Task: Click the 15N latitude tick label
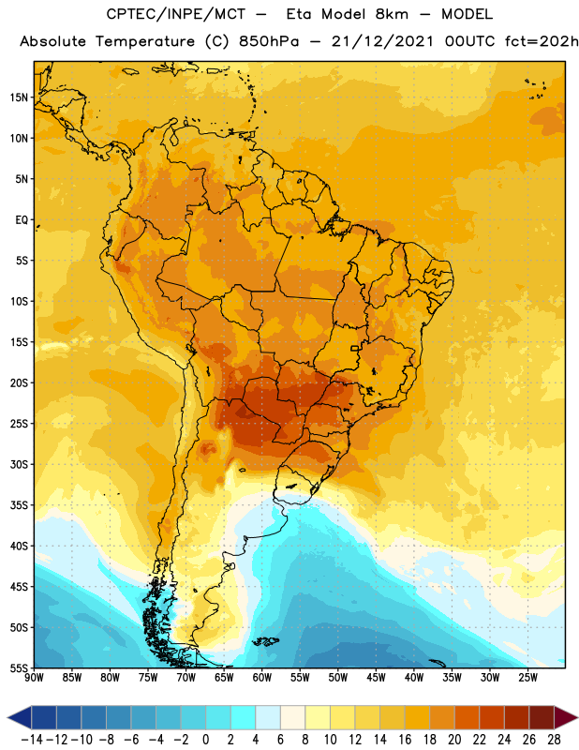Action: (x=19, y=97)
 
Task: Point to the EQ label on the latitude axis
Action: (x=22, y=220)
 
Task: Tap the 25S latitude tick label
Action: (x=19, y=424)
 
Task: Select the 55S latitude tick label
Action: (x=19, y=667)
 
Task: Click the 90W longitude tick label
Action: (x=34, y=677)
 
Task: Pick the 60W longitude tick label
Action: (x=262, y=677)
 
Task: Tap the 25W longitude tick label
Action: (x=527, y=677)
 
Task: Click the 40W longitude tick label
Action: (x=414, y=677)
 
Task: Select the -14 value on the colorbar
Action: (x=32, y=740)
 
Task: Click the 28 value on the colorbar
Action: (x=554, y=740)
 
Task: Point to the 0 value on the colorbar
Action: (x=205, y=740)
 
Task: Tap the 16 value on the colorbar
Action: (x=405, y=740)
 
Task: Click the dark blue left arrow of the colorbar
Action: (x=20, y=717)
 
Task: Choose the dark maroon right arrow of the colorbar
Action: (x=566, y=717)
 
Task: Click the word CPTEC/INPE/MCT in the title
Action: (x=176, y=14)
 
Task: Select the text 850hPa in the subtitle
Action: (x=269, y=41)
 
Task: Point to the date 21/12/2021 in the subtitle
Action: (x=382, y=41)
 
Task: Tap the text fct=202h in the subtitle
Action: (x=542, y=41)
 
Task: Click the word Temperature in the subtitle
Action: (x=145, y=41)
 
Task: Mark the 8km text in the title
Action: (x=392, y=14)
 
